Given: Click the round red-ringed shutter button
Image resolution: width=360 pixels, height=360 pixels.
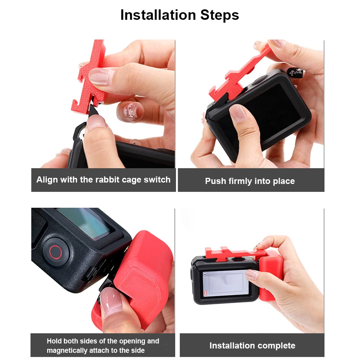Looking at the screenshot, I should pyautogui.click(x=55, y=252).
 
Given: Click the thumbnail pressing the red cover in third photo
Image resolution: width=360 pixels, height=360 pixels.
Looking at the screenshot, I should pyautogui.click(x=109, y=301).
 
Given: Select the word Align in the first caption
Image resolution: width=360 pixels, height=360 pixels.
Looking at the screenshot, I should pyautogui.click(x=47, y=180).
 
